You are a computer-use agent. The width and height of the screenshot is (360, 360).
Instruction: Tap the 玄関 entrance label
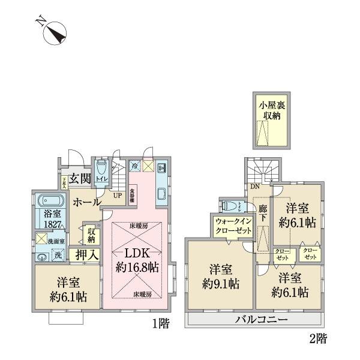point(79,178)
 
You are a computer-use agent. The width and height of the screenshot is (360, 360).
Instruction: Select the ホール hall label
point(86,203)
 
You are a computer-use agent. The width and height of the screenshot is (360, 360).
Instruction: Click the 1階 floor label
point(160,325)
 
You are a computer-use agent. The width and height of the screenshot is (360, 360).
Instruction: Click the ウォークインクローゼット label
point(228,226)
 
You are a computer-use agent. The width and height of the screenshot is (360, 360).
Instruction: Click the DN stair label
point(255,187)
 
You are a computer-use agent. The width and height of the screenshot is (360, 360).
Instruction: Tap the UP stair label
point(119,194)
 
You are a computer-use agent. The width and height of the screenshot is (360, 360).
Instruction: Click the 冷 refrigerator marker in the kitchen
point(135,166)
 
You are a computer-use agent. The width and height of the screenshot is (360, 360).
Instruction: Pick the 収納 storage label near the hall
point(92,235)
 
